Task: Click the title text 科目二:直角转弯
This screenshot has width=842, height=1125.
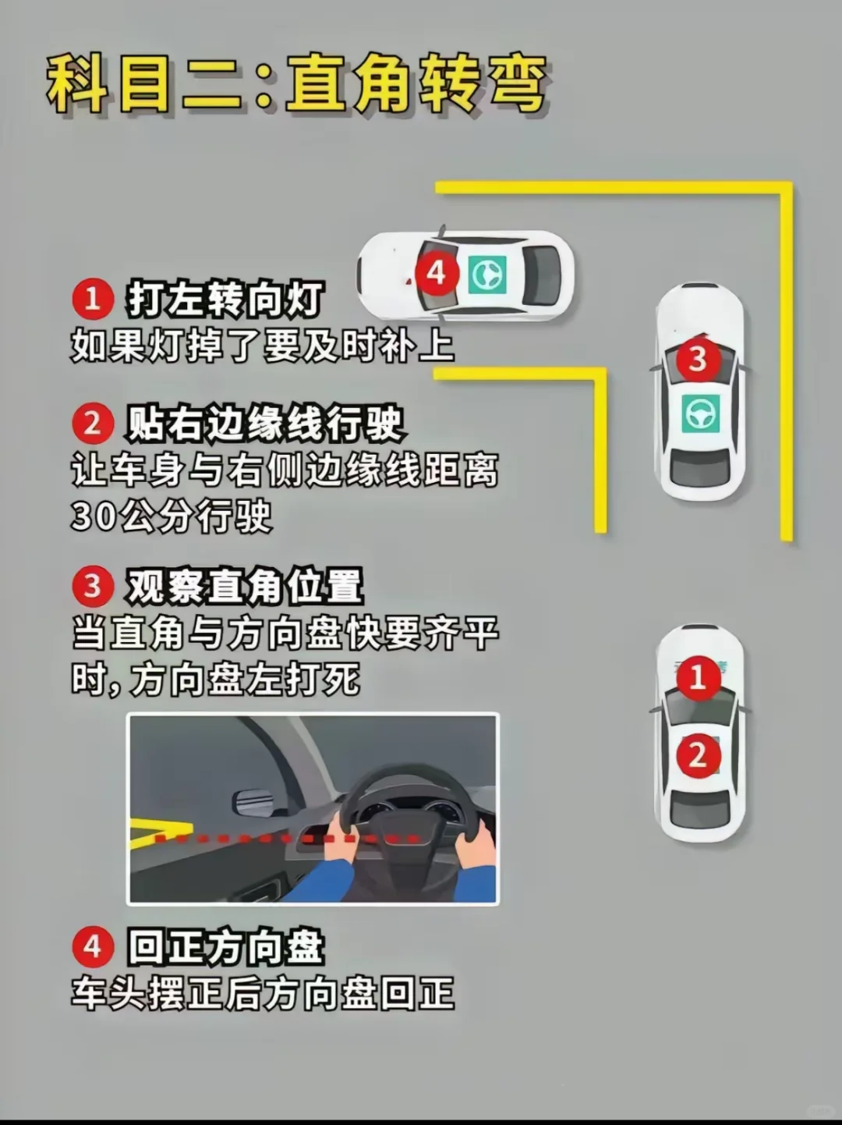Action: click(x=296, y=84)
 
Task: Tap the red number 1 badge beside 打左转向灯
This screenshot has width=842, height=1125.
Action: click(x=93, y=298)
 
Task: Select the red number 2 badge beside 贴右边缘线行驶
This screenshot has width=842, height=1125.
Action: click(x=93, y=424)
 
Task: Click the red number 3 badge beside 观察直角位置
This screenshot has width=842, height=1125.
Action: click(x=93, y=585)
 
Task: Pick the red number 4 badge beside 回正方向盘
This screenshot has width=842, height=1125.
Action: click(x=93, y=947)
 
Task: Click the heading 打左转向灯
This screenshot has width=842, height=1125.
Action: click(x=225, y=299)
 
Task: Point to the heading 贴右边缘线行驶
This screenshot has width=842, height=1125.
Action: click(x=265, y=424)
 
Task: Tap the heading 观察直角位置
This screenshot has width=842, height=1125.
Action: click(x=245, y=586)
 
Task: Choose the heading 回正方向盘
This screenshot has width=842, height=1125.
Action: click(x=225, y=948)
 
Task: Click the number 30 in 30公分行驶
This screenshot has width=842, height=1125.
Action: click(x=93, y=516)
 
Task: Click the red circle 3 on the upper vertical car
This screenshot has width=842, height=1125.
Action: click(x=697, y=359)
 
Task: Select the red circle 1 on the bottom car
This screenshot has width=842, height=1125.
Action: click(x=697, y=677)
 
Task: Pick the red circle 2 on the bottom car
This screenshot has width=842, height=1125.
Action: click(x=697, y=754)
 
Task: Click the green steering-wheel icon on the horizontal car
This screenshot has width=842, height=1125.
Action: click(x=487, y=275)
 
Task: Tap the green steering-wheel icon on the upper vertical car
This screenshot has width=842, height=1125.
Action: click(x=699, y=413)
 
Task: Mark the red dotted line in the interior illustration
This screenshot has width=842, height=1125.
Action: click(x=288, y=839)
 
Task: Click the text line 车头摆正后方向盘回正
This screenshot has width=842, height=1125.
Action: click(x=263, y=994)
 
